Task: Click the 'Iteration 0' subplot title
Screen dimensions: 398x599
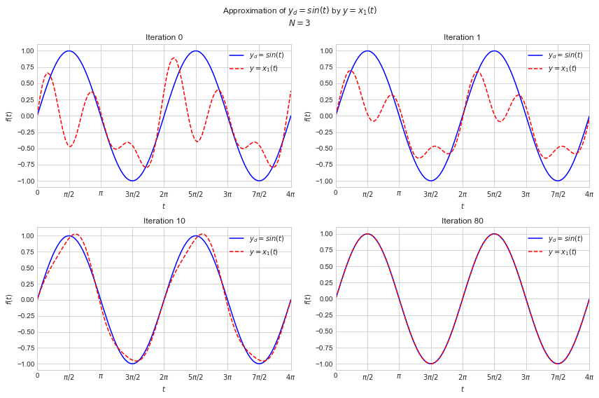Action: click(164, 37)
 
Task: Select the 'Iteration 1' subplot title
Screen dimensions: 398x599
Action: click(462, 37)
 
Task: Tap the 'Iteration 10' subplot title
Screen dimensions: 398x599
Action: click(164, 221)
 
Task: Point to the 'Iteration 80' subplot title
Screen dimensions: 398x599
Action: click(462, 221)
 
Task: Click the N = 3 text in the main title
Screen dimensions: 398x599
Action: click(299, 23)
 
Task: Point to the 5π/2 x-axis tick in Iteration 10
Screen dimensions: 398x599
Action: click(195, 377)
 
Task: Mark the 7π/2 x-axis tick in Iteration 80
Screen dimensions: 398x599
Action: click(557, 377)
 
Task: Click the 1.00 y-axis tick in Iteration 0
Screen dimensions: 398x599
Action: click(27, 51)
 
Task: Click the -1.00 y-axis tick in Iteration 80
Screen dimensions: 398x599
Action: click(323, 364)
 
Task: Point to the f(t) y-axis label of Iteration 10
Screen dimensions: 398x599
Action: click(9, 299)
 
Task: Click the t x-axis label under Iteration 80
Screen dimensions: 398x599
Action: click(462, 390)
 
